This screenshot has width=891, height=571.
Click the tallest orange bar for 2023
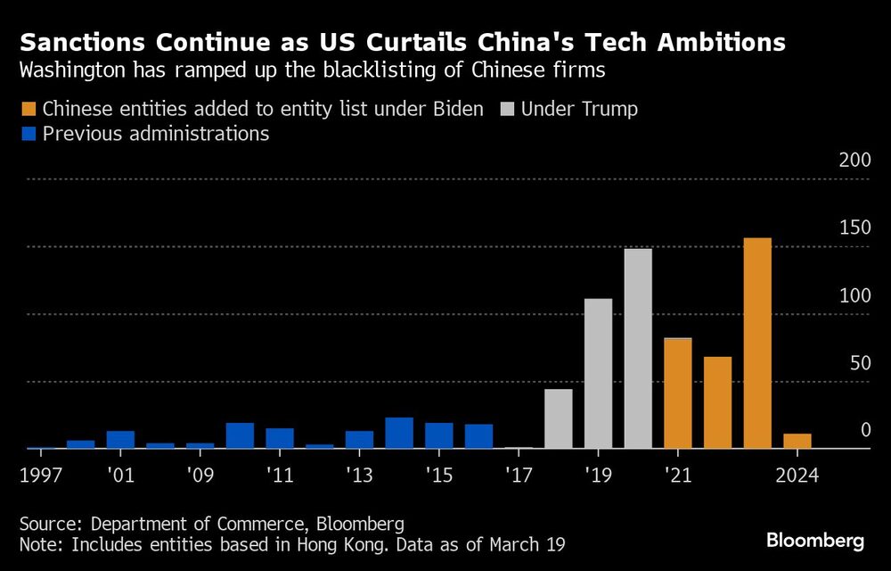coord(756,343)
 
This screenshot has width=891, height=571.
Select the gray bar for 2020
coord(638,349)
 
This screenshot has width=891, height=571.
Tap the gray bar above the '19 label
coord(598,374)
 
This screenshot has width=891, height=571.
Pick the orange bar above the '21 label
coord(677,393)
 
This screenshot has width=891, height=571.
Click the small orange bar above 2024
coord(797,441)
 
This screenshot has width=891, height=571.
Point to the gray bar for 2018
coord(558,418)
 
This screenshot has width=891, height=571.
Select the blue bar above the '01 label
coord(120,439)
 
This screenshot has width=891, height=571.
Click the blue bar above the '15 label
coord(438,435)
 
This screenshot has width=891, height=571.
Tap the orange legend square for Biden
coord(27,110)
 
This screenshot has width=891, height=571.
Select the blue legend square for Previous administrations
coord(27,135)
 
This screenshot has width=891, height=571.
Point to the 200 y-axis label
coord(854,161)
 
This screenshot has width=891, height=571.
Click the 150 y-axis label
coord(854,228)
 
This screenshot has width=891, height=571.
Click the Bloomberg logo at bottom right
coord(815,541)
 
